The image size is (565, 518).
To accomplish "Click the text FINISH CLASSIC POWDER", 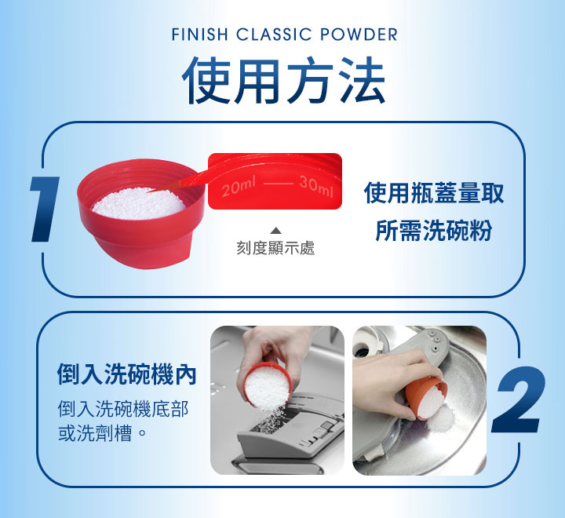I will click(283, 35).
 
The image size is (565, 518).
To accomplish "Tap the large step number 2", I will click(519, 402).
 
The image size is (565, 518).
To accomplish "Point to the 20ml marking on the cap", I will click(239, 189).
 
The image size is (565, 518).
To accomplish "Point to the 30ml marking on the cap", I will click(315, 189).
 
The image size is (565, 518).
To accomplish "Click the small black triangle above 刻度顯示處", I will click(275, 231).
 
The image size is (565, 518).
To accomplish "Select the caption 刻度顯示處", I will click(275, 248).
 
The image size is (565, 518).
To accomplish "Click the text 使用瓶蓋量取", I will click(434, 193).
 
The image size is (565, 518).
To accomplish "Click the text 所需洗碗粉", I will click(434, 232).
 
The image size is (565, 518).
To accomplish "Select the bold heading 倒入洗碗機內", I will click(126, 374).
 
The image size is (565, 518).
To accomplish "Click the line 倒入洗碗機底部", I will click(123, 409).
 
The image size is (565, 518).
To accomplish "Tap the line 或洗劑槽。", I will click(103, 433).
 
